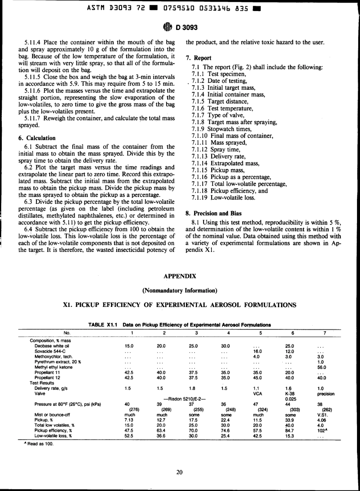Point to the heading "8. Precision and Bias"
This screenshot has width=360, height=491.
click(213, 213)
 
